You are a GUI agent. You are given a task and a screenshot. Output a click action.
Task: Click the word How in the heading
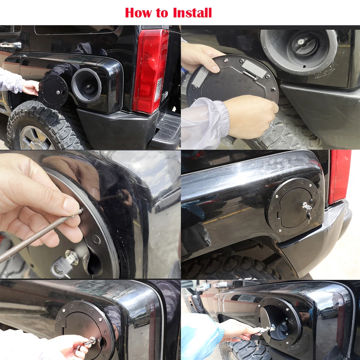click(x=139, y=12)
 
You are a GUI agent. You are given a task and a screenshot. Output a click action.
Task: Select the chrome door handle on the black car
click(x=10, y=45)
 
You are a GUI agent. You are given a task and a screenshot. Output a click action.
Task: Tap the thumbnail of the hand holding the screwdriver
click(x=71, y=206)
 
